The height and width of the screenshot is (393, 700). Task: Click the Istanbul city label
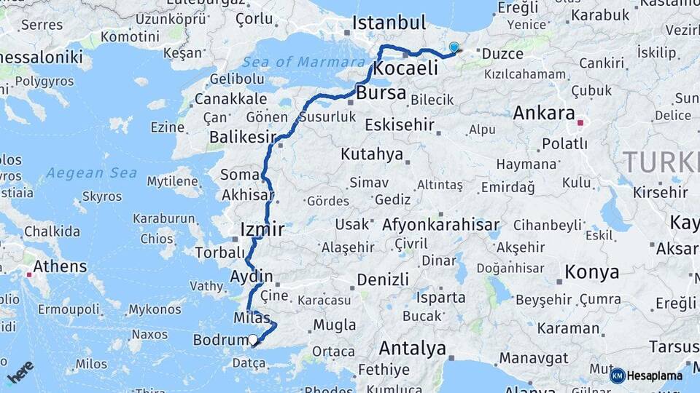point(389,23)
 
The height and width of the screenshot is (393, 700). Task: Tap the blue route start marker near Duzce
point(454,48)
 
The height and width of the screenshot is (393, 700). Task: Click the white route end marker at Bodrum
point(253,339)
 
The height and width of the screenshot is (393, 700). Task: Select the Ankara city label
point(544,113)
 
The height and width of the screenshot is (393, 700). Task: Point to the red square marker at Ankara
point(580,123)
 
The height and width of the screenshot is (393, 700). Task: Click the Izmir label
point(262,231)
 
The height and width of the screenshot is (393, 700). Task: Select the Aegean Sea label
point(91,173)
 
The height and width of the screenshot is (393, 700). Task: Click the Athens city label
point(60,266)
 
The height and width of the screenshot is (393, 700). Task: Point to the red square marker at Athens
point(29,274)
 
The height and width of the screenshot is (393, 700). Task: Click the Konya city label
point(591,272)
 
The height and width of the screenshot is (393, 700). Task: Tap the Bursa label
point(381,93)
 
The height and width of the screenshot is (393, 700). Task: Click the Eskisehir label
point(399,124)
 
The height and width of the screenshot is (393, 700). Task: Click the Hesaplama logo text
point(655,376)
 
